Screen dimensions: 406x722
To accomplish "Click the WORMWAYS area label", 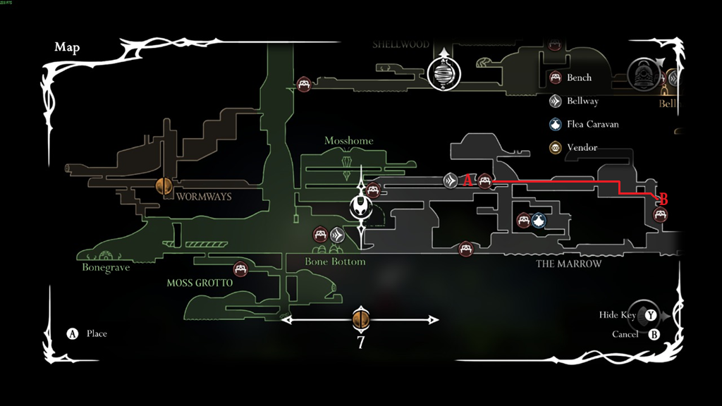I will coord(204,197).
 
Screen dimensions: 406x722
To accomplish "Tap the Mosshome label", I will coord(349,141).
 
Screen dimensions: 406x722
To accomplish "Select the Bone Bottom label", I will coord(335,262).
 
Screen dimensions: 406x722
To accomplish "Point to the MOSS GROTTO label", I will coord(200,283).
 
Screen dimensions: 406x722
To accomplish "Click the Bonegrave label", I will coord(106,267).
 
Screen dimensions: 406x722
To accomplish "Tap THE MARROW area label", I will coord(569,264).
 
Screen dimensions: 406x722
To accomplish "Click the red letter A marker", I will coord(467,180).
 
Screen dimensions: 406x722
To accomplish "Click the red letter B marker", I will coord(663,199).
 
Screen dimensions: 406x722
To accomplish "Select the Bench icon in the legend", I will coord(555,78).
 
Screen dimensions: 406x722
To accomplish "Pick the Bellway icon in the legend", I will coord(555,101).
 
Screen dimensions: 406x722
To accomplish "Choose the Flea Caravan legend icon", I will coord(555,124).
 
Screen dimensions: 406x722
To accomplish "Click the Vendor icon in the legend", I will coord(555,147).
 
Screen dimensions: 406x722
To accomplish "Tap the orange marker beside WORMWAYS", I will coord(164,186).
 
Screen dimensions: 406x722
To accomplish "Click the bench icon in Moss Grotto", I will coord(240,269).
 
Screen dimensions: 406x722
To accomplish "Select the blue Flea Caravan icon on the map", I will coord(539,221).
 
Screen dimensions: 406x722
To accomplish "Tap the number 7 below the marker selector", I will coord(360,343).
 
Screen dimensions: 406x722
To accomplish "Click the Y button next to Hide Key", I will coord(651,316).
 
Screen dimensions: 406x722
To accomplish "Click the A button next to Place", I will coord(72,333).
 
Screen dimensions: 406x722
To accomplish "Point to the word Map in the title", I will coord(67,47).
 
